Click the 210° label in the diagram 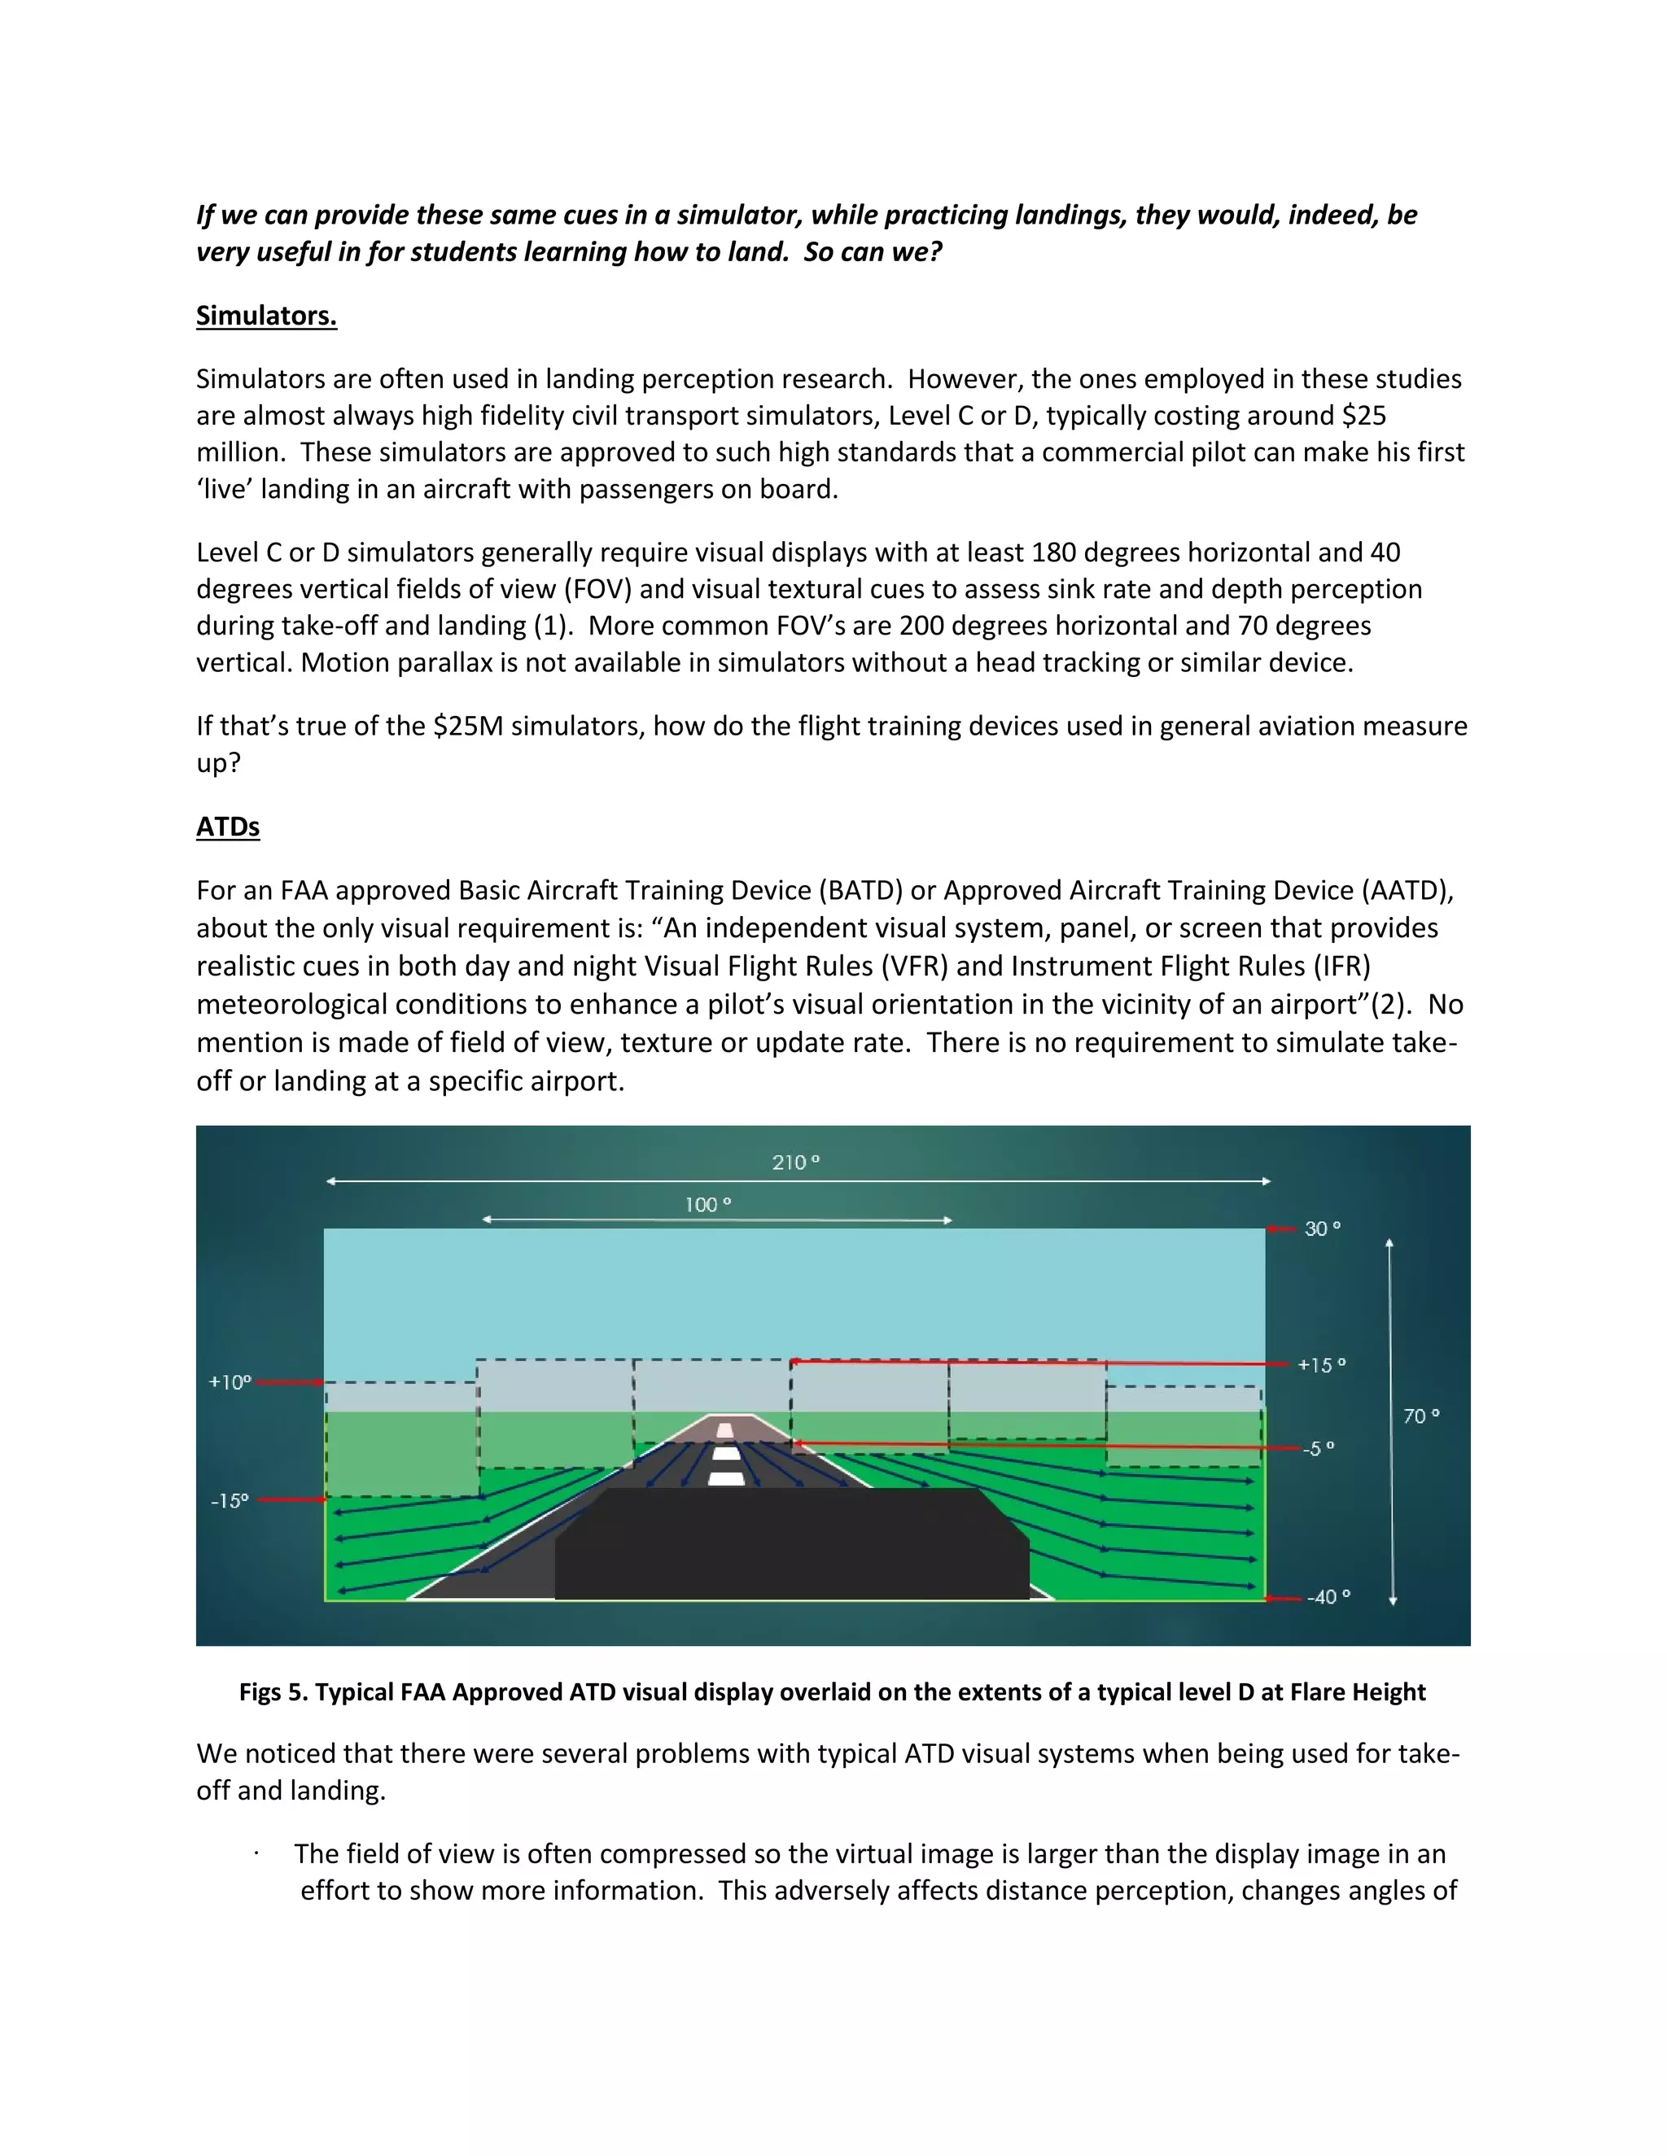[x=796, y=1163]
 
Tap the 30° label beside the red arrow [x=1323, y=1229]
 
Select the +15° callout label [x=1321, y=1365]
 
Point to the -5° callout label [x=1319, y=1449]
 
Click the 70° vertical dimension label [x=1421, y=1416]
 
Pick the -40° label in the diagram [x=1328, y=1597]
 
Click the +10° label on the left [x=230, y=1382]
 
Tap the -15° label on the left [x=229, y=1500]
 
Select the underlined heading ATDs [x=228, y=827]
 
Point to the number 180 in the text [x=1052, y=552]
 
